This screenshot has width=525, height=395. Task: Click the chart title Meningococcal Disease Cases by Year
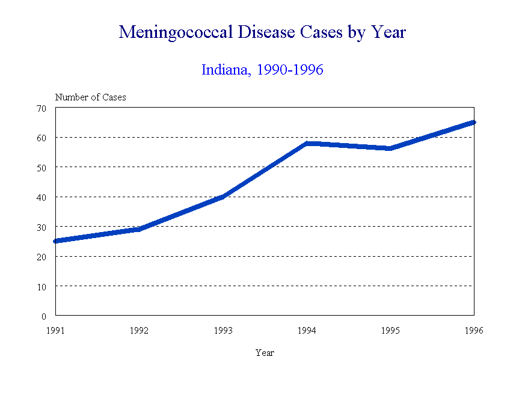[x=262, y=32]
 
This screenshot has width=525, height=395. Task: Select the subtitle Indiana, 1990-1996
[x=262, y=70]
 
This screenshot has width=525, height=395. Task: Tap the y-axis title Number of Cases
[x=91, y=97]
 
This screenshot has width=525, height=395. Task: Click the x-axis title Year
[x=265, y=353]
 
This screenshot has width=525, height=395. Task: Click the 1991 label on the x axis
[x=55, y=330]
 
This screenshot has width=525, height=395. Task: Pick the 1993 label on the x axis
[x=223, y=330]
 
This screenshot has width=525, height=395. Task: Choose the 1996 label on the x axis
[x=474, y=330]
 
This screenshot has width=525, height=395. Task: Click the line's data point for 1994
[x=307, y=144]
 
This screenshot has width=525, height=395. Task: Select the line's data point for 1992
[x=139, y=229]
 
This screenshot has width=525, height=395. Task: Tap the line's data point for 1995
[x=390, y=149]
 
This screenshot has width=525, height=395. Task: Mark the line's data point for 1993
[x=223, y=197]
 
